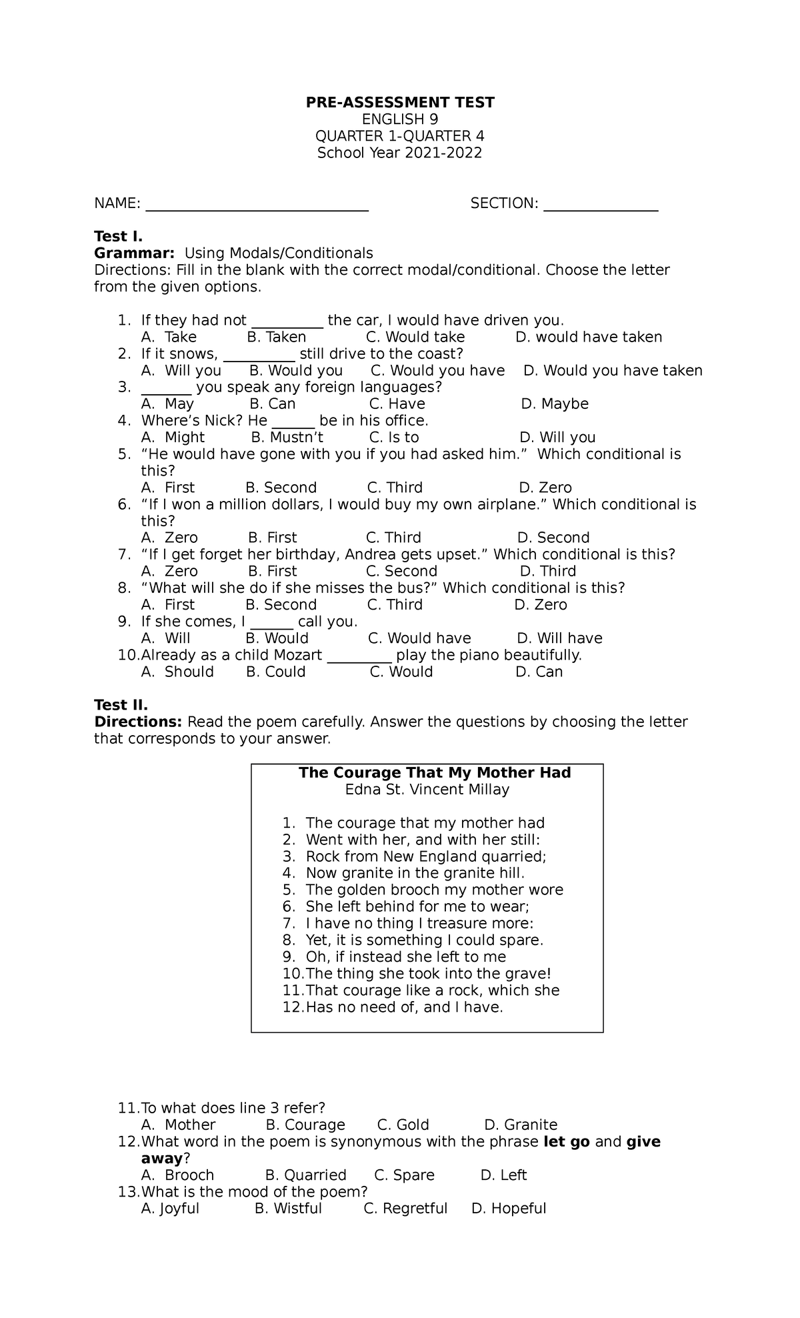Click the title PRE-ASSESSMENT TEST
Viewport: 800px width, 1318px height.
click(x=400, y=103)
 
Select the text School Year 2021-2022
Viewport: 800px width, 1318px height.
click(x=399, y=153)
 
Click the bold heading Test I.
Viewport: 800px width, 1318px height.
click(x=119, y=237)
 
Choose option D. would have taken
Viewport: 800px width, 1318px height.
click(x=589, y=338)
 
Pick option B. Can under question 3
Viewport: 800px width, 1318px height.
click(x=273, y=404)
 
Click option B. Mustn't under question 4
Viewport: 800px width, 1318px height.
click(x=287, y=438)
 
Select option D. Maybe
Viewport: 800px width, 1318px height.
click(x=555, y=404)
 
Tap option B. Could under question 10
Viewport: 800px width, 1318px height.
click(x=276, y=672)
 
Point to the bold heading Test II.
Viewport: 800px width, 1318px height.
click(x=121, y=705)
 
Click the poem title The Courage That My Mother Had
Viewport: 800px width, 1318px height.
click(x=435, y=773)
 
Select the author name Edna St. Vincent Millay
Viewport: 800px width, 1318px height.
click(x=427, y=790)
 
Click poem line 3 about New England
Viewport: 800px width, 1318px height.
click(x=425, y=856)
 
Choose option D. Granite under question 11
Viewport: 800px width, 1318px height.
click(x=521, y=1125)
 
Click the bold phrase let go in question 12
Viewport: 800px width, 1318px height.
click(x=567, y=1141)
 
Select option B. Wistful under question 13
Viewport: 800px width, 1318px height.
click(x=289, y=1209)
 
